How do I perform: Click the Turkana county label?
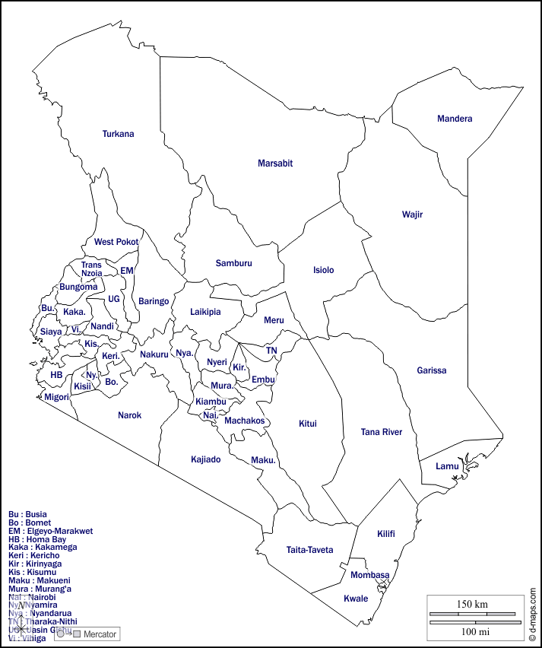118,134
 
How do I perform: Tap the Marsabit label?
275,164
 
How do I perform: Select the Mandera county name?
455,119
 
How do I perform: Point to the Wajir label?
412,214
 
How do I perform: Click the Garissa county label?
432,370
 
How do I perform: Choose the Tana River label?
382,432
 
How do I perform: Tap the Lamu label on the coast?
447,466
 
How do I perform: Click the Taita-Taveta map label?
309,550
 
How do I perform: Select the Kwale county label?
356,599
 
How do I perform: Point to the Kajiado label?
206,459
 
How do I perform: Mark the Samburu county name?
233,263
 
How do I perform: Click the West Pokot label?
116,242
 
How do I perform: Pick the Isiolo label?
323,270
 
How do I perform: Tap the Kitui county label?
308,424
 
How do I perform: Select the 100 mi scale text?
474,632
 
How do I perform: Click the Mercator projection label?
100,634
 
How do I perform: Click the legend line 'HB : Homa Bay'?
37,539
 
